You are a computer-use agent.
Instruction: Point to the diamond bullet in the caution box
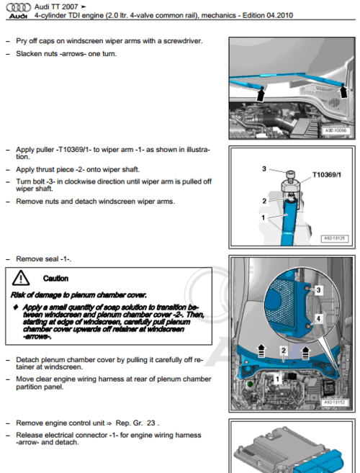(x=16, y=306)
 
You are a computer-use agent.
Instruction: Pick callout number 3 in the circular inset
(x=318, y=289)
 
